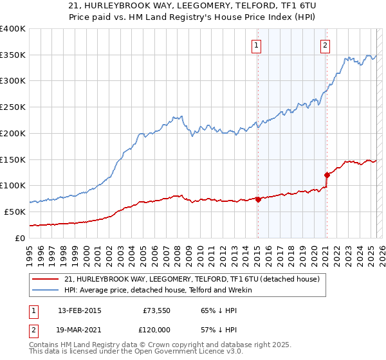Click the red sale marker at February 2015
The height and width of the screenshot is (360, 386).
pyautogui.click(x=258, y=199)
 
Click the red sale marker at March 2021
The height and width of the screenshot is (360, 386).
pyautogui.click(x=327, y=174)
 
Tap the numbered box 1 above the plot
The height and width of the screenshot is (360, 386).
pyautogui.click(x=257, y=45)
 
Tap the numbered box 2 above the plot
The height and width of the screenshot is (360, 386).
pyautogui.click(x=326, y=45)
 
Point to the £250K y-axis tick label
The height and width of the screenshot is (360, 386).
pyautogui.click(x=12, y=107)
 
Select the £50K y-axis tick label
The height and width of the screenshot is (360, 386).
pyautogui.click(x=15, y=212)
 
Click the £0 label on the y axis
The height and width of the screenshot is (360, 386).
pyautogui.click(x=21, y=238)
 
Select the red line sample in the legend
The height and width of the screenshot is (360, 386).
pyautogui.click(x=46, y=278)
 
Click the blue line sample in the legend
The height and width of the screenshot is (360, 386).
pyautogui.click(x=46, y=290)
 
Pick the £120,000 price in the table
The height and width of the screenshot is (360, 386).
pyautogui.click(x=157, y=329)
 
